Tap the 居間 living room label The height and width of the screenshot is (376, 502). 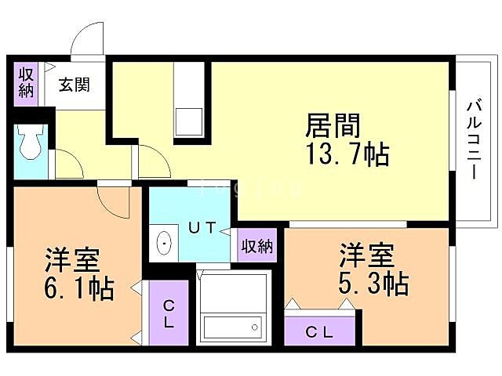tap(332, 125)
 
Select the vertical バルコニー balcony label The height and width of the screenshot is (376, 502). tap(474, 139)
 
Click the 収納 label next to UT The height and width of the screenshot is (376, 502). tap(256, 246)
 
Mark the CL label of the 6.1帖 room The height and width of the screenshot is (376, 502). tap(168, 313)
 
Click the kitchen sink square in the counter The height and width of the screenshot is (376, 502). tap(188, 122)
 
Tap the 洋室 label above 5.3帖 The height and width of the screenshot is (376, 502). tap(366, 255)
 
